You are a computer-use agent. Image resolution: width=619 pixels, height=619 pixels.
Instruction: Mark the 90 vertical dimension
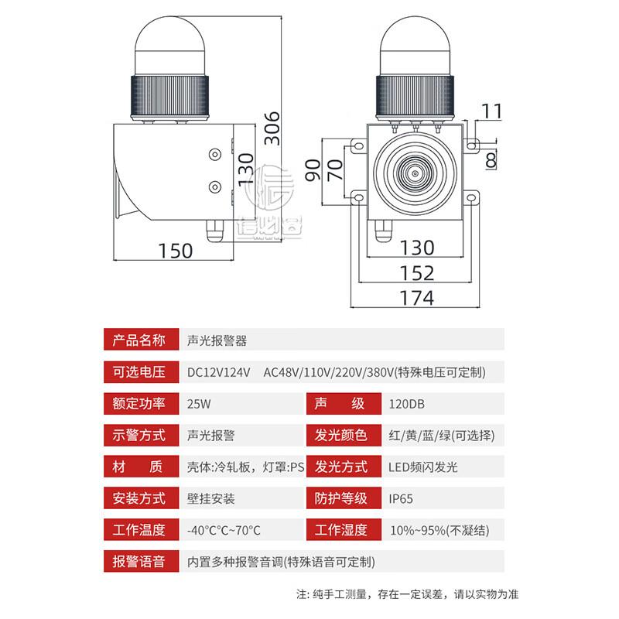tap(311, 169)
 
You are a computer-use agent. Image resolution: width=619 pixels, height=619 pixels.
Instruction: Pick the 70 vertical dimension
tap(333, 169)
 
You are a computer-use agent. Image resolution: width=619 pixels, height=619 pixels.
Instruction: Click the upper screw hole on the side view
tap(214, 152)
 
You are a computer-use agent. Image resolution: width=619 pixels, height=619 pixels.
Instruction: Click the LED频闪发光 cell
tap(424, 467)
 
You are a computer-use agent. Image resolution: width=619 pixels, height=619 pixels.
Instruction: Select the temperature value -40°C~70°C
tap(224, 530)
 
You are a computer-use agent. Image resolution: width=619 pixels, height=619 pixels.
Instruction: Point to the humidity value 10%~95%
tap(438, 530)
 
